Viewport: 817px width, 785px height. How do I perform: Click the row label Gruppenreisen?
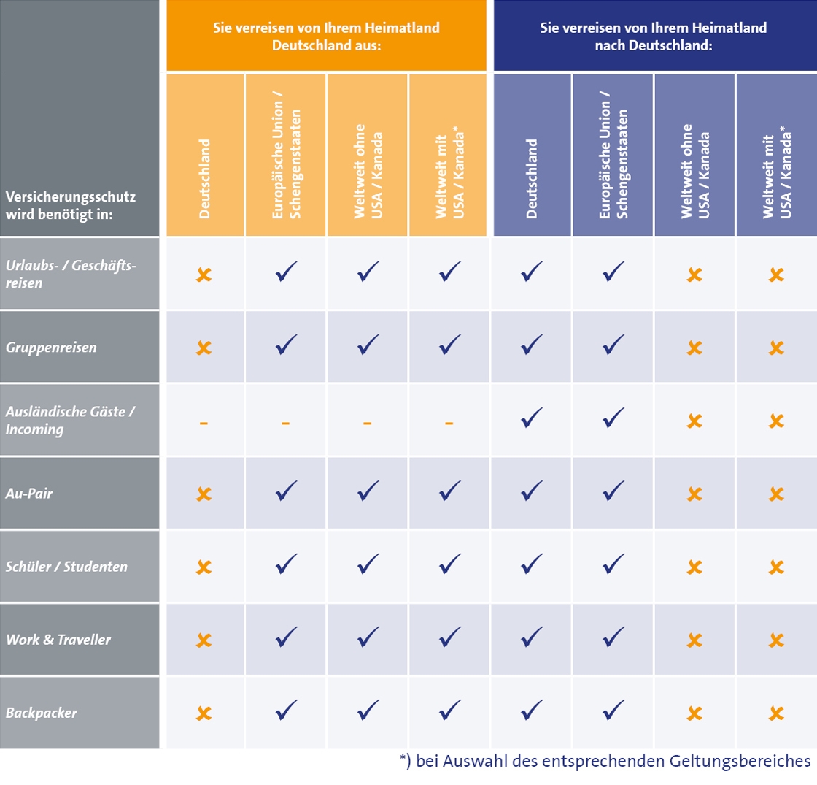pyautogui.click(x=51, y=347)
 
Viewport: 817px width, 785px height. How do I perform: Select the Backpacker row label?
pyautogui.click(x=41, y=712)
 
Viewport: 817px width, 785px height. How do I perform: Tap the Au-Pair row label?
pyautogui.click(x=29, y=493)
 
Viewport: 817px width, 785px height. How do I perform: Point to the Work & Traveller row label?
pyautogui.click(x=58, y=640)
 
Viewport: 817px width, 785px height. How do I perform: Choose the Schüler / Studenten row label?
pyautogui.click(x=66, y=567)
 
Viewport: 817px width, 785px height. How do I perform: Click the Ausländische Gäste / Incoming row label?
pyautogui.click(x=69, y=420)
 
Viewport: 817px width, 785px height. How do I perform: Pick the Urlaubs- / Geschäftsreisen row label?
pyautogui.click(x=71, y=274)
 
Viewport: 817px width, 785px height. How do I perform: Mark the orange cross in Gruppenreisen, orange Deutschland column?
pyautogui.click(x=204, y=348)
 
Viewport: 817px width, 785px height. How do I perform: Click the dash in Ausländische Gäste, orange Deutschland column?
pyautogui.click(x=204, y=422)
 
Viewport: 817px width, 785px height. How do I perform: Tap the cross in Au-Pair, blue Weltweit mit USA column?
pyautogui.click(x=776, y=494)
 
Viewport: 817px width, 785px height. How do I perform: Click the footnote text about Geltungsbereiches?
pyautogui.click(x=605, y=761)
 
